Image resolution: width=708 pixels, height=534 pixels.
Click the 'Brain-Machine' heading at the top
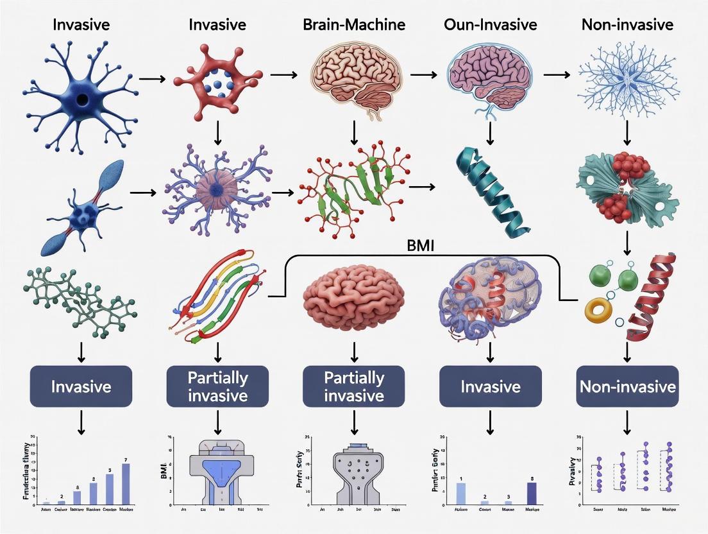coord(355,25)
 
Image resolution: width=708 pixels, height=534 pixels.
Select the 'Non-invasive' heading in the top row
coord(627,25)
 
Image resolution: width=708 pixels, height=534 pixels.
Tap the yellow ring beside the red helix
coord(600,311)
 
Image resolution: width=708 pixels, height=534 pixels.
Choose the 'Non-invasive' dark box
coord(627,386)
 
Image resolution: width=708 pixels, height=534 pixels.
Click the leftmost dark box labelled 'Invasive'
coord(81,386)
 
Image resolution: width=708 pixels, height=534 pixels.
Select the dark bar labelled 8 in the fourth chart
coord(530,492)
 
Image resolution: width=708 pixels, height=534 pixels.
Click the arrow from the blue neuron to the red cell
coord(152,79)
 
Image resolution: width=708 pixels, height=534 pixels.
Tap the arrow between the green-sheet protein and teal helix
coord(421,187)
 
